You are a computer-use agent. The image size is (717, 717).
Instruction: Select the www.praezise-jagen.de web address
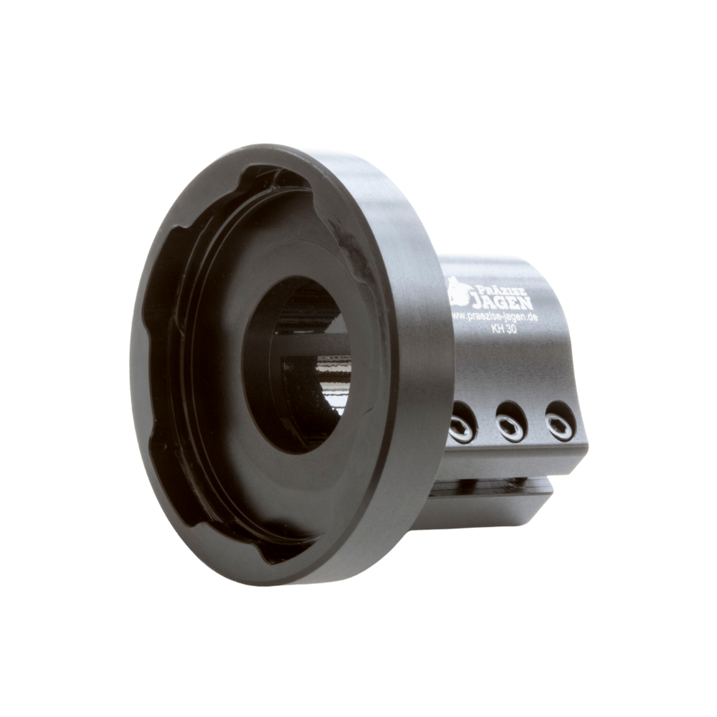(495, 316)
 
